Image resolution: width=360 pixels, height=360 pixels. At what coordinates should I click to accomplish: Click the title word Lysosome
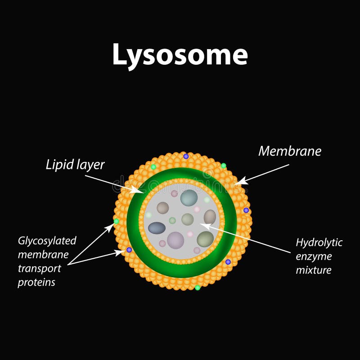click(x=180, y=54)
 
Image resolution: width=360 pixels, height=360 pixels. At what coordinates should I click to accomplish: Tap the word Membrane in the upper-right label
click(x=290, y=151)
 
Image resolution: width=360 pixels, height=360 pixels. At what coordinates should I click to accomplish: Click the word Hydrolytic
click(x=319, y=243)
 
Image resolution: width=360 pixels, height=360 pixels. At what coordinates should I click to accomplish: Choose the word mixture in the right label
click(x=314, y=270)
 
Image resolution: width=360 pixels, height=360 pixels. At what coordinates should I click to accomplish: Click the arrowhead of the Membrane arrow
click(x=239, y=182)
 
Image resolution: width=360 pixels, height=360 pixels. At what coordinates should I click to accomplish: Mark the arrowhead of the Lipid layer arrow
click(x=141, y=192)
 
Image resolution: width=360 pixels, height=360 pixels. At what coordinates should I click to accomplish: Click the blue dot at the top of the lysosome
click(x=186, y=156)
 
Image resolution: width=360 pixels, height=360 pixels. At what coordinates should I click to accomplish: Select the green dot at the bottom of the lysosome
click(x=198, y=287)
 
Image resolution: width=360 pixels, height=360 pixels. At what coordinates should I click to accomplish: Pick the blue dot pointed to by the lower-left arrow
click(x=129, y=250)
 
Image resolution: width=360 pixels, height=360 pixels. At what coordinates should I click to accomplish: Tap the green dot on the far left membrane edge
click(x=117, y=221)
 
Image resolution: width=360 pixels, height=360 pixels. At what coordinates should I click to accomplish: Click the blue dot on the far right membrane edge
click(x=246, y=210)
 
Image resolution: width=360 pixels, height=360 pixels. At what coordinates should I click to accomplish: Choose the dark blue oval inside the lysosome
click(x=157, y=228)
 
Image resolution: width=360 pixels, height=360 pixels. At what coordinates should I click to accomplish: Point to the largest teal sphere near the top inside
click(x=189, y=198)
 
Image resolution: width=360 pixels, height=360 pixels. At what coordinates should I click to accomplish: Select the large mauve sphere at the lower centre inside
click(x=175, y=240)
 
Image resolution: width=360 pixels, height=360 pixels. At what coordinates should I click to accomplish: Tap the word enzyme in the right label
click(x=314, y=256)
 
